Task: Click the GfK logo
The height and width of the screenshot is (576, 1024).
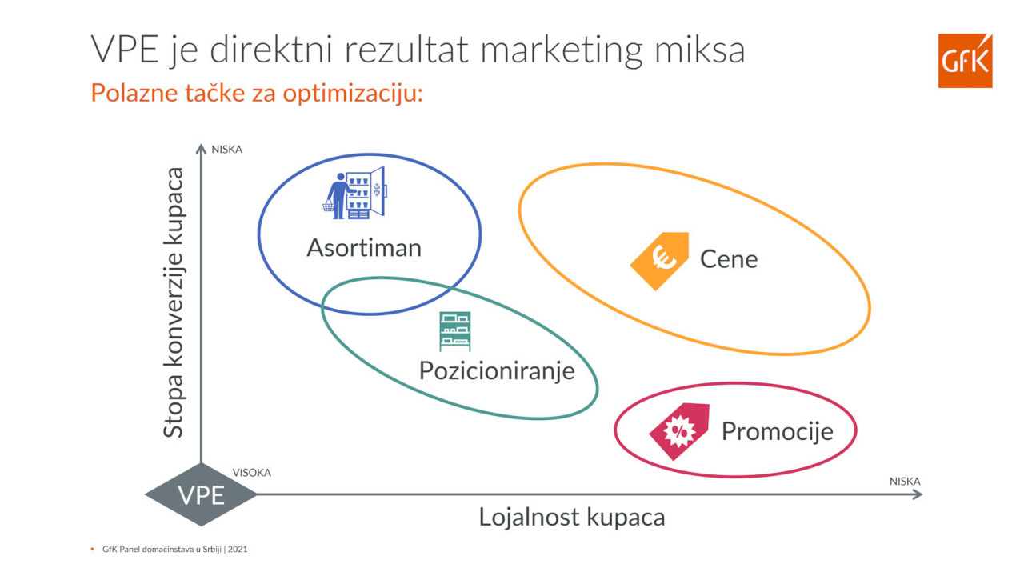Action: (x=965, y=60)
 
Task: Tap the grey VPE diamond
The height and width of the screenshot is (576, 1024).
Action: (x=201, y=494)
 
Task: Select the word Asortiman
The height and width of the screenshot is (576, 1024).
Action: (x=364, y=248)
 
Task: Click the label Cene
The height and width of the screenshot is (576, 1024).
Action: (x=729, y=259)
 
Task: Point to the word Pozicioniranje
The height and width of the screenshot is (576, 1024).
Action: (x=497, y=370)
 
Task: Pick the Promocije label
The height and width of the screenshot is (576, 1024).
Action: (x=777, y=431)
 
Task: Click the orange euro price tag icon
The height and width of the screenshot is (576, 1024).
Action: (x=660, y=261)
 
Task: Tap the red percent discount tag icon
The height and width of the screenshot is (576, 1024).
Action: (x=679, y=431)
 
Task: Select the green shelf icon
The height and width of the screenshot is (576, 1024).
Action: (x=455, y=331)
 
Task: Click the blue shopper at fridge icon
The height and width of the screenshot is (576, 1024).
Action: (x=355, y=193)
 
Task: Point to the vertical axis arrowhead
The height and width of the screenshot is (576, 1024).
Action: (x=201, y=148)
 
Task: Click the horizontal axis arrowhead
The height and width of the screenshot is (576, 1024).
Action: (x=918, y=494)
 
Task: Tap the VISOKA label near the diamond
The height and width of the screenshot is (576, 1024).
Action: (x=251, y=473)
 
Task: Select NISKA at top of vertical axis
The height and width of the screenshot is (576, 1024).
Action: (x=226, y=150)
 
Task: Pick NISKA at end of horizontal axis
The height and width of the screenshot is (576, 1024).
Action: (x=905, y=482)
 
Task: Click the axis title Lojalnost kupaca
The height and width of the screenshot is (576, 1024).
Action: (x=572, y=518)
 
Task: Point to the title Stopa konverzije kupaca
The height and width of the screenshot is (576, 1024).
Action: (x=174, y=302)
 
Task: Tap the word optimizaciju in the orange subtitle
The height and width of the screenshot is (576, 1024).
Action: (x=353, y=94)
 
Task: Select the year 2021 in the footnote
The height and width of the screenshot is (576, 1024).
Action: (x=238, y=549)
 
